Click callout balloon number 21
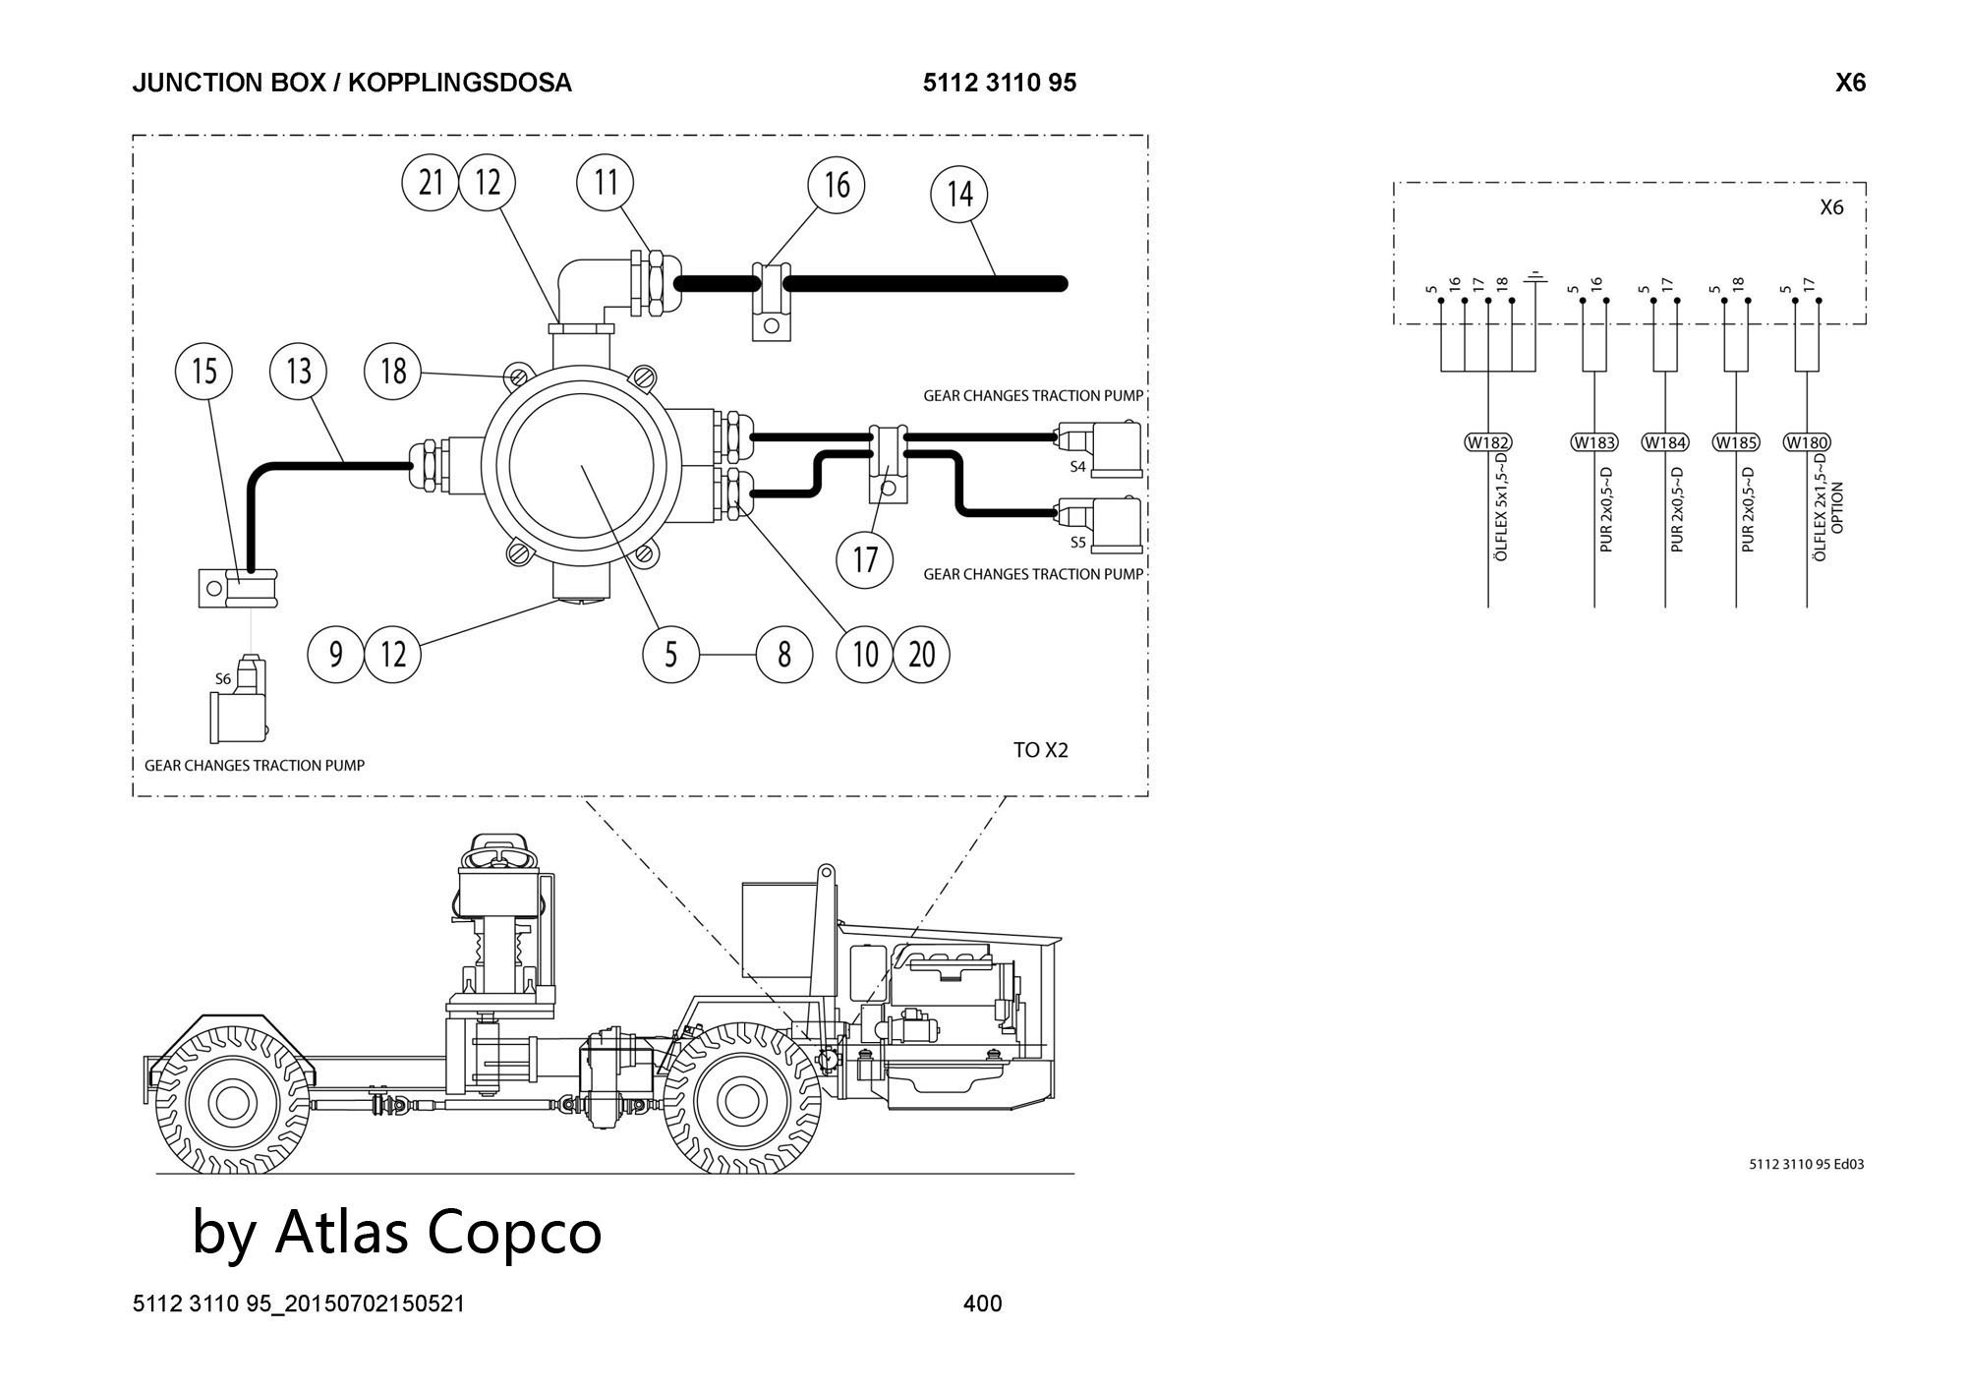[431, 183]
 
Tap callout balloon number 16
[837, 185]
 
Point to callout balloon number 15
[203, 372]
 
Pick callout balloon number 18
[393, 372]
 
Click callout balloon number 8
[783, 654]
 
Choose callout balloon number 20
[922, 654]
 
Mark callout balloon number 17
[865, 559]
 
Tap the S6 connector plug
[239, 703]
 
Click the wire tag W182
[1488, 442]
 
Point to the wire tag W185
[1736, 442]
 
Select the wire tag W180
[1807, 442]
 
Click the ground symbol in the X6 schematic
[1534, 281]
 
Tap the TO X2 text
[1040, 750]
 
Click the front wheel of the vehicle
[742, 1098]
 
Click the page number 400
[983, 1303]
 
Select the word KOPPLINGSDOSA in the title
[460, 83]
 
